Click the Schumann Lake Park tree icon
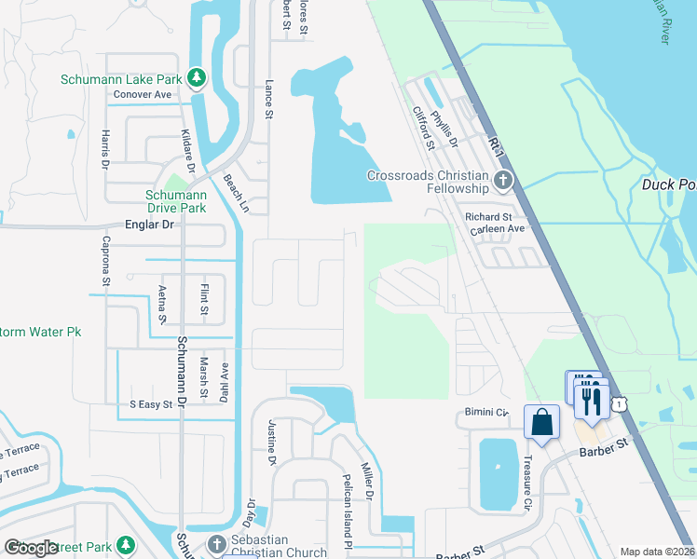click(x=197, y=78)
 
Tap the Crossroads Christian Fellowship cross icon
click(x=503, y=181)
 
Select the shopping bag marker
click(x=541, y=422)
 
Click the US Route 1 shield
click(x=619, y=403)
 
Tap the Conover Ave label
click(x=143, y=94)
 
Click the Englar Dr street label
click(x=149, y=225)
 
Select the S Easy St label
click(x=151, y=404)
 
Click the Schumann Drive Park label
click(x=175, y=201)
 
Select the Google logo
click(x=31, y=548)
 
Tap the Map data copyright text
click(x=657, y=552)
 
